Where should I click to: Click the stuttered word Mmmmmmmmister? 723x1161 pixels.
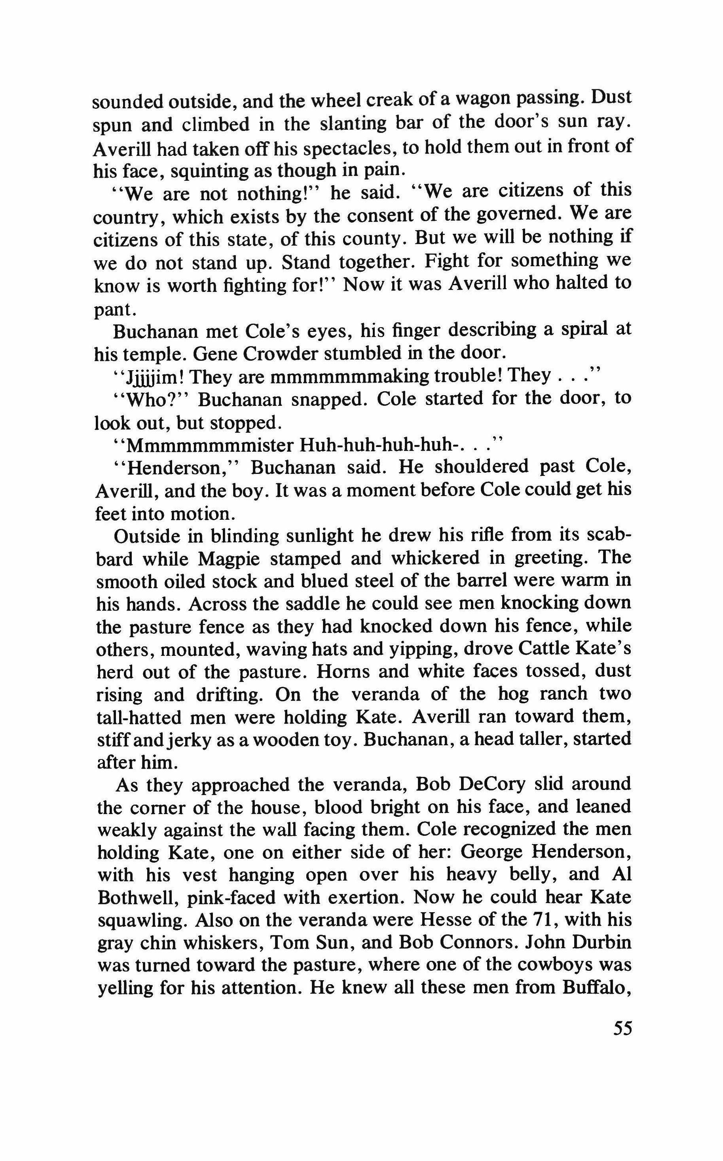pyautogui.click(x=209, y=445)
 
